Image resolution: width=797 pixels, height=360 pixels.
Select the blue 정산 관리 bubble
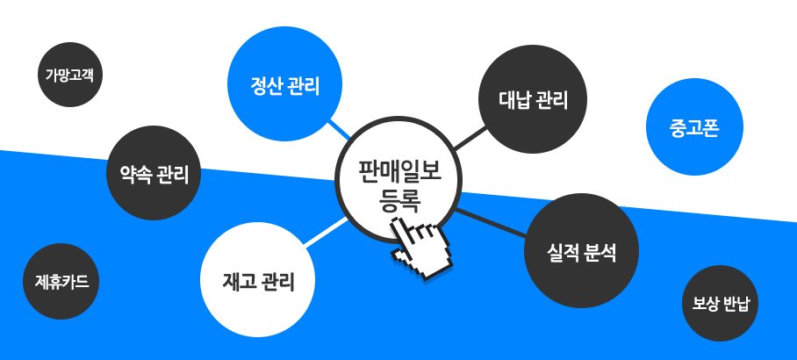[x=284, y=87]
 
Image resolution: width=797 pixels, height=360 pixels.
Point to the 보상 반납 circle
[x=719, y=303]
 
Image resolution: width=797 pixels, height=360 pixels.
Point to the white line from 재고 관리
[x=328, y=231]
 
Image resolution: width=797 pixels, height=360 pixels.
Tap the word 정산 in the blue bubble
[x=266, y=87]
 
